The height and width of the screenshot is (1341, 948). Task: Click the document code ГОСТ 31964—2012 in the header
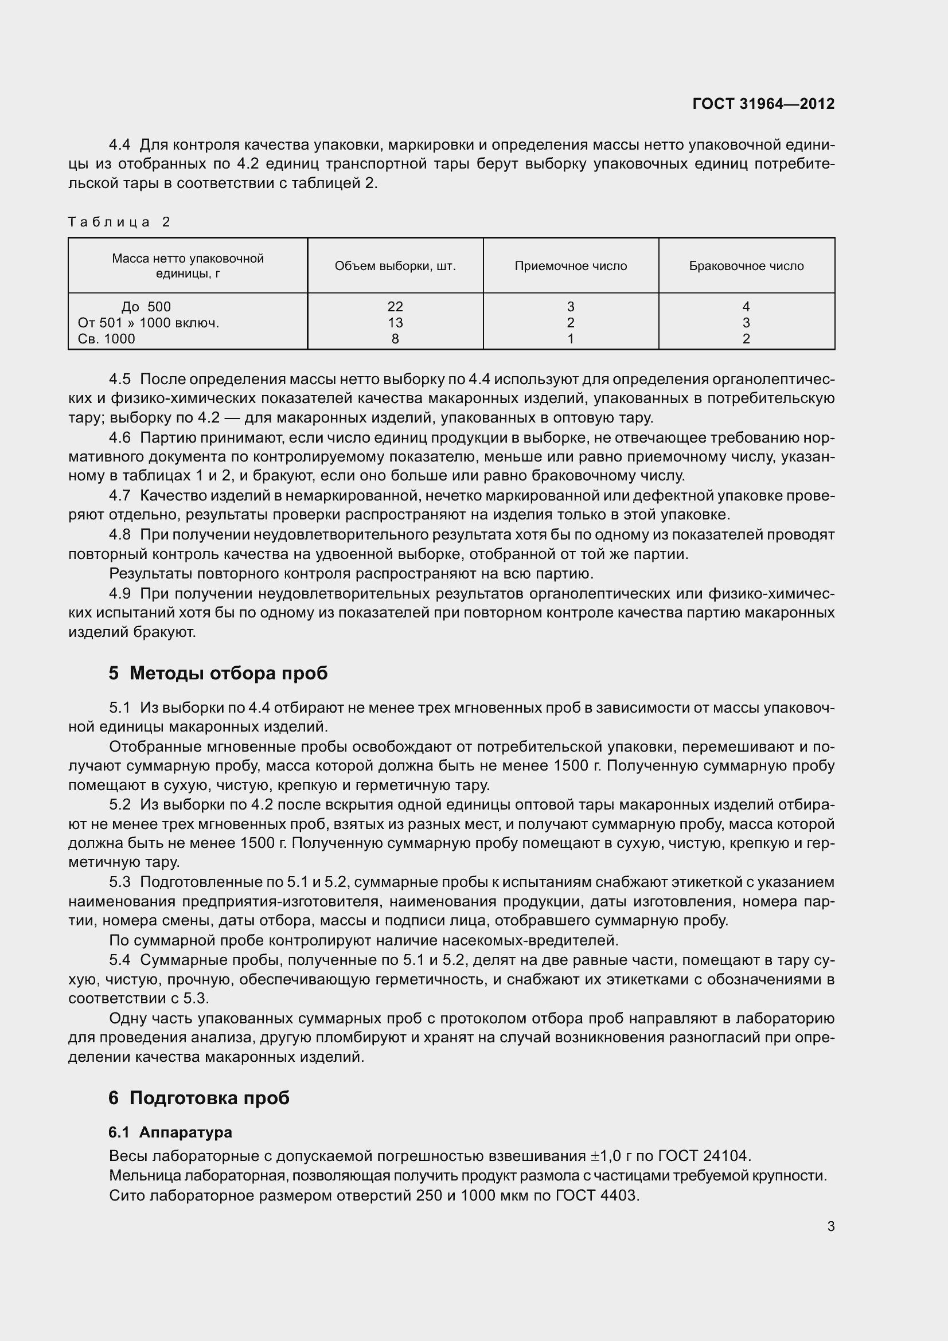pos(763,104)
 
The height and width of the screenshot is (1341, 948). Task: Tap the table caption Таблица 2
pos(119,222)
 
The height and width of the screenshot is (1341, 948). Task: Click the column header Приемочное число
pos(571,267)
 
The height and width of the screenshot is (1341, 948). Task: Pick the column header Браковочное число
pos(746,267)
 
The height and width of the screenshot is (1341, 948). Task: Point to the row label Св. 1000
pos(106,339)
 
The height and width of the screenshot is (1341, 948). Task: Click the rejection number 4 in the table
pos(746,307)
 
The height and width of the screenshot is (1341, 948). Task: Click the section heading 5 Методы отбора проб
pos(218,674)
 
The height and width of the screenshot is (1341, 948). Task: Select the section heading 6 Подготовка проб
pos(198,1098)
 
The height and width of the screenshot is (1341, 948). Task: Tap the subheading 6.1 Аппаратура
pos(170,1132)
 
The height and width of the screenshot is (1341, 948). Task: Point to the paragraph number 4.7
pos(120,496)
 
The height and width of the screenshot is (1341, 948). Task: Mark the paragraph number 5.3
pos(120,882)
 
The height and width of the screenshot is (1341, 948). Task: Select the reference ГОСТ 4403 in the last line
pos(597,1195)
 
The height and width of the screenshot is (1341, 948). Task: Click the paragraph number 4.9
pos(120,594)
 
